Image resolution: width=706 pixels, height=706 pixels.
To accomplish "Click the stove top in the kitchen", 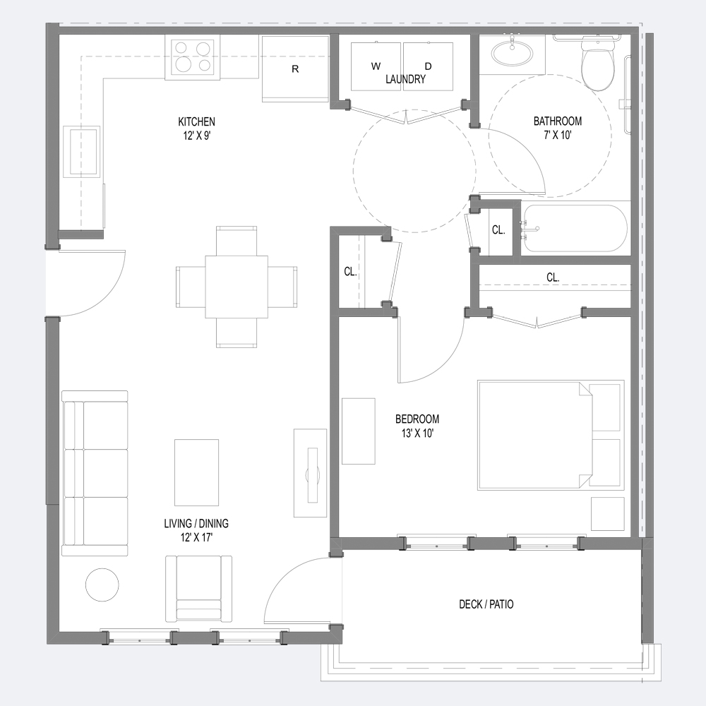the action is coord(192,58).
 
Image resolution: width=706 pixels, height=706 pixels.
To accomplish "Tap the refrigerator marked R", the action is coord(295,68).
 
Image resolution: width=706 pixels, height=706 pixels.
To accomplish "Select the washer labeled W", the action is coord(376,66).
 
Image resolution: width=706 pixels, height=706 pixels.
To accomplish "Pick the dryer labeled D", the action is coord(428,66).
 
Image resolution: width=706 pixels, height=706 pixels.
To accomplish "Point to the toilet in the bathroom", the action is coord(597,63).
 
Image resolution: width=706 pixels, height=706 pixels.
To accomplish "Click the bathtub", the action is coord(573,228).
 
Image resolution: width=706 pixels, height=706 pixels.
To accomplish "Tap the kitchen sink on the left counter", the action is coord(81,151).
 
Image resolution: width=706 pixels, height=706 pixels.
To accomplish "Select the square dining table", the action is coord(237,287).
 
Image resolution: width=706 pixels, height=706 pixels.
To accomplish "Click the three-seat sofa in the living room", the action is coord(95,473).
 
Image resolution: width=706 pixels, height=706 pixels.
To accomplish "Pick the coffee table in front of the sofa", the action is coord(197,472).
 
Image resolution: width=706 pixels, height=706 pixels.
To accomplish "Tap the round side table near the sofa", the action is coord(102,585).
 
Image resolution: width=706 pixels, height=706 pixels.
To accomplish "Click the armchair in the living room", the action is coord(198,589).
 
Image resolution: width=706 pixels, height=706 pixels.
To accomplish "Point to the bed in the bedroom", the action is coord(551,435).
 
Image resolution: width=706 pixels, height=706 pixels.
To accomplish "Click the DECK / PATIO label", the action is coord(486,604).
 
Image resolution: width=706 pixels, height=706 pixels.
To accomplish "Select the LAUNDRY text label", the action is coord(405,79).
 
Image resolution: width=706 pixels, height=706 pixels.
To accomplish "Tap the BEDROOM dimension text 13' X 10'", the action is coord(417,433).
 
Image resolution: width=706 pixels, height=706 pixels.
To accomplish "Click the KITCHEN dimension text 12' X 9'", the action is coord(197,136).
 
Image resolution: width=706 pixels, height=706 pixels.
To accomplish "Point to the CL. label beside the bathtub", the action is coord(498,230).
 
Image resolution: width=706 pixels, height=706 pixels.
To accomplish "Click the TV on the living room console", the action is coord(312,475).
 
